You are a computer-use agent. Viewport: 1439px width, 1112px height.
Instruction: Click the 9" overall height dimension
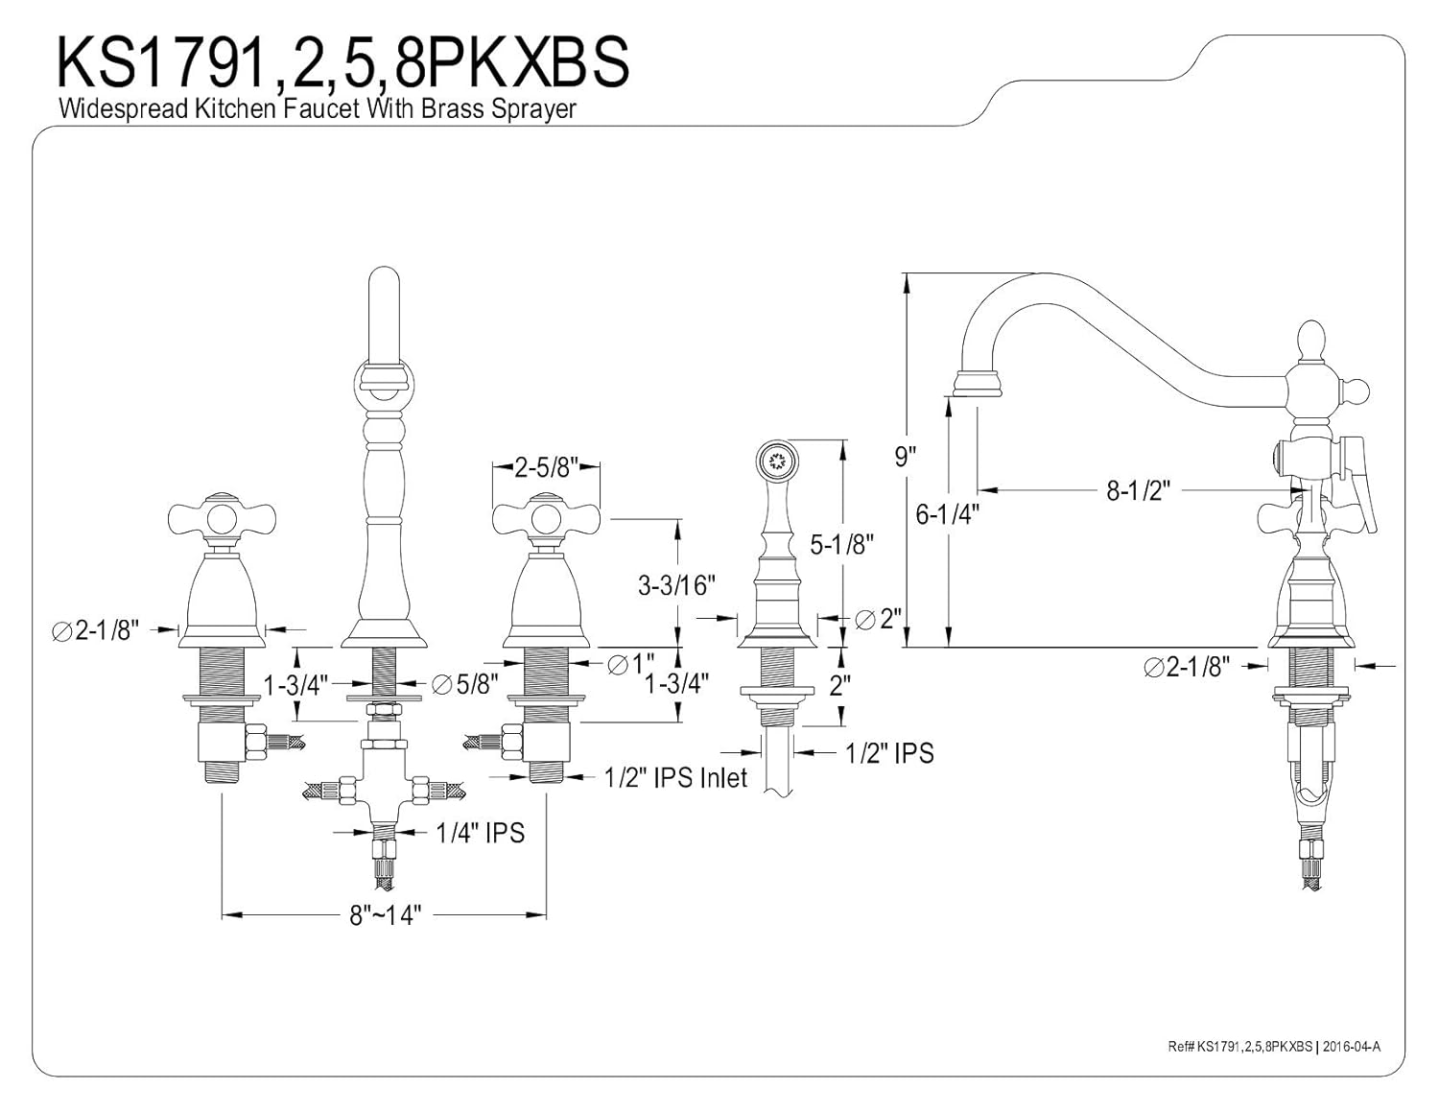click(906, 456)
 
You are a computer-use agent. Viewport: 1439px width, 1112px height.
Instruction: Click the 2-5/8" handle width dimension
click(547, 467)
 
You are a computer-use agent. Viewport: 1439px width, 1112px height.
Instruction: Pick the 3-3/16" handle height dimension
click(676, 585)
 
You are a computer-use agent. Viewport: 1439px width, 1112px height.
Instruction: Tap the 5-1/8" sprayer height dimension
click(841, 544)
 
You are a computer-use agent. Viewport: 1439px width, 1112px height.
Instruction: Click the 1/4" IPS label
click(480, 833)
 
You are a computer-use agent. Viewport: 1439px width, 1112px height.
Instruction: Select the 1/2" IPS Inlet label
click(675, 778)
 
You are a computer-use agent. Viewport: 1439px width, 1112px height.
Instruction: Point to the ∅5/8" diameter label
click(464, 684)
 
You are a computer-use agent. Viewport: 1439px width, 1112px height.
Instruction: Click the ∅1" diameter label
click(631, 664)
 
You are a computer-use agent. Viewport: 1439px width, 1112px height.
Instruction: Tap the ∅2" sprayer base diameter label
click(879, 619)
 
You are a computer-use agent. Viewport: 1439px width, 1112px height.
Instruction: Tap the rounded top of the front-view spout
click(384, 277)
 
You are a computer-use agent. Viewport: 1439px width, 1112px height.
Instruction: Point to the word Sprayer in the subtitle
click(533, 109)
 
